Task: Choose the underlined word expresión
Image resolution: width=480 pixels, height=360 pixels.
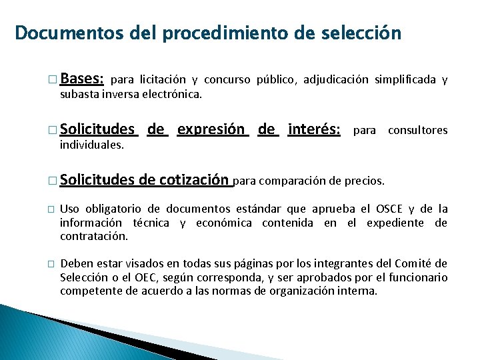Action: tap(213, 129)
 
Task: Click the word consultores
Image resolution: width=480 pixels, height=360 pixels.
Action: tap(418, 130)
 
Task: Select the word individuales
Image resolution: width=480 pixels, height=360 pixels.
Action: tap(92, 145)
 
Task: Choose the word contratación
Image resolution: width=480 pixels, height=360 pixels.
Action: tap(94, 236)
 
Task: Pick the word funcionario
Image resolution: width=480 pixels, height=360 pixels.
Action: tap(417, 277)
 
